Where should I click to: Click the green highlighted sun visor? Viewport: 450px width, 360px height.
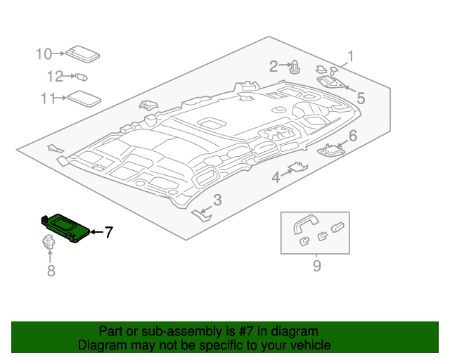[x=65, y=228]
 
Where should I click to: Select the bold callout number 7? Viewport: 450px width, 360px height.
[x=108, y=232]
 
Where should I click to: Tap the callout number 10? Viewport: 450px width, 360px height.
[x=44, y=54]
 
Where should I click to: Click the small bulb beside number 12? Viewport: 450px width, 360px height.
[x=82, y=77]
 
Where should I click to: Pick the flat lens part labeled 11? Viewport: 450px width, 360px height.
[x=84, y=98]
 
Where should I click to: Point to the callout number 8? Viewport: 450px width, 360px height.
[x=51, y=271]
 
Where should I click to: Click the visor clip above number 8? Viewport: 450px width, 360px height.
[x=49, y=241]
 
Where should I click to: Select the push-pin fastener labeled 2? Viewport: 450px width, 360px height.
[x=295, y=67]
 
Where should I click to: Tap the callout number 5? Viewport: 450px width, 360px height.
[x=361, y=98]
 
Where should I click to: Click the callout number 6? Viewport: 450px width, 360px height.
[x=353, y=136]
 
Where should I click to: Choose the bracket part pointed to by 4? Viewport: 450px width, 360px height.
[x=299, y=167]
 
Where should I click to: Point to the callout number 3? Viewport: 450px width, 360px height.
[x=217, y=200]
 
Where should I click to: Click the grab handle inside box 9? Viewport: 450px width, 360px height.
[x=306, y=224]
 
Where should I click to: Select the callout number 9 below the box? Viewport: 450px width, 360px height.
[x=316, y=266]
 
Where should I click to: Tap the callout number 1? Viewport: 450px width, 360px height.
[x=350, y=56]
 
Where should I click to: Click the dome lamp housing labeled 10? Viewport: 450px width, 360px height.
[x=83, y=54]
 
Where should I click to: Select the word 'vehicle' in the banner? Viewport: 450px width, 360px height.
[x=312, y=345]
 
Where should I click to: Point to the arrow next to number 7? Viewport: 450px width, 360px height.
[x=97, y=231]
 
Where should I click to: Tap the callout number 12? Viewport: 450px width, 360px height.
[x=55, y=77]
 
